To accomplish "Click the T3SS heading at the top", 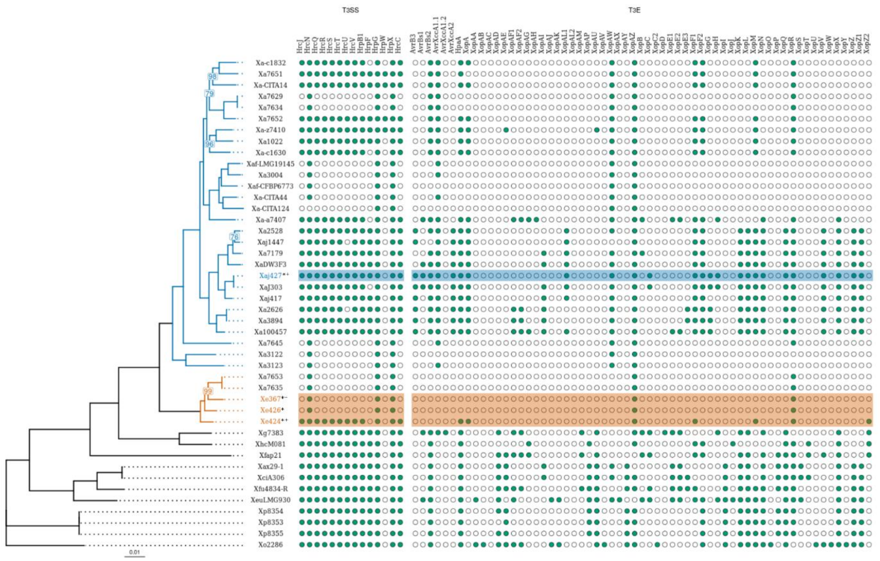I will [350, 10].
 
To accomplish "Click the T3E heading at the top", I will [634, 10].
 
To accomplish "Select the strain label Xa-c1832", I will [270, 63].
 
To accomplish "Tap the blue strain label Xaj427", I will [270, 276].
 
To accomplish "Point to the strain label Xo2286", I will [270, 545].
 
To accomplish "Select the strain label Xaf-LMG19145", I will [270, 164].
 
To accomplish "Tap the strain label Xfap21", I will [270, 455].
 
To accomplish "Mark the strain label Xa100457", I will [270, 332].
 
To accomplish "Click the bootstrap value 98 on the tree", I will [212, 77].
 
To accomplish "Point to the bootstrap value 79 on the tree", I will [209, 94].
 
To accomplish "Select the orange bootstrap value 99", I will [208, 391].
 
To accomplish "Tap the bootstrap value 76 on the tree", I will [234, 237].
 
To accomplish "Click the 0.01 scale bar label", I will [135, 552].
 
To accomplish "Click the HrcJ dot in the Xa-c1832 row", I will [302, 63].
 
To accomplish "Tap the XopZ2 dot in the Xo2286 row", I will [869, 545].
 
